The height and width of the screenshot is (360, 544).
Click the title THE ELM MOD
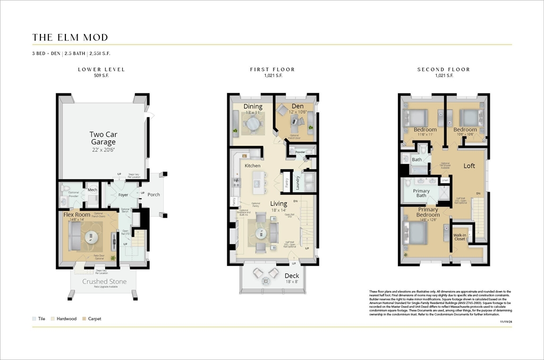[70, 37]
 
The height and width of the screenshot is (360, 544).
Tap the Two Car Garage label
[103, 138]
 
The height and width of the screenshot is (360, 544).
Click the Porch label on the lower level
[154, 194]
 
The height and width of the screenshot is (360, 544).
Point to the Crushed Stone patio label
[105, 281]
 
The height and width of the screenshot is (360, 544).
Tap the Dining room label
[253, 107]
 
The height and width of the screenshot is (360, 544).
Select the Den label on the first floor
[297, 107]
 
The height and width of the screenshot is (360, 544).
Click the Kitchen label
[252, 166]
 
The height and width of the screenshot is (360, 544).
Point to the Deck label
[292, 276]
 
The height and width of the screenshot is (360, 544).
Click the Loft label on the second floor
[469, 166]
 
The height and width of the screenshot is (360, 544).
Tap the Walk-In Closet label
[460, 237]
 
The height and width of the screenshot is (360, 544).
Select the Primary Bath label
[421, 193]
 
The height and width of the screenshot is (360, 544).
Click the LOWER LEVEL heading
[101, 70]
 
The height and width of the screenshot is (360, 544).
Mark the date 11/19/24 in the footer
[506, 321]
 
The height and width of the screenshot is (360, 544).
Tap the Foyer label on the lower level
[123, 195]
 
